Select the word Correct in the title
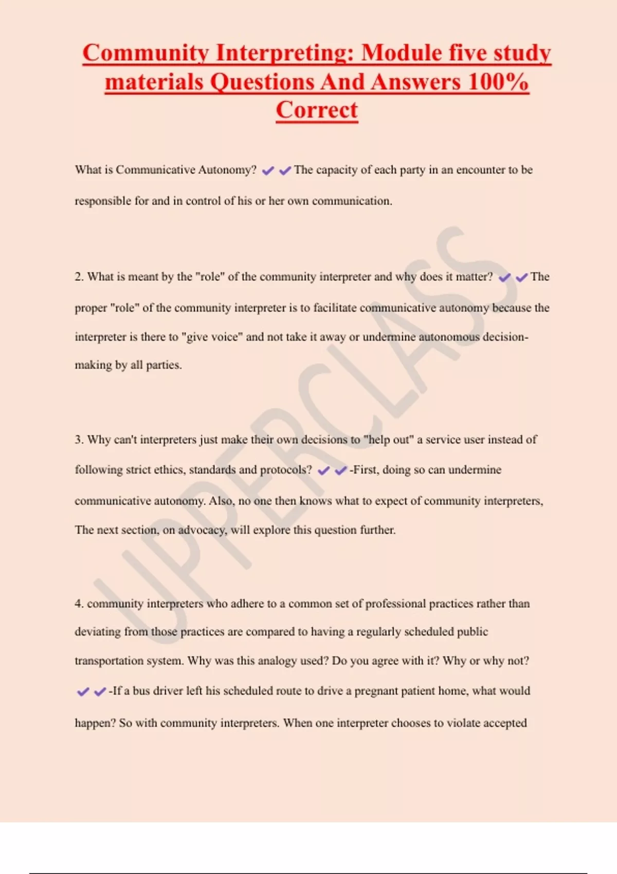[x=317, y=110]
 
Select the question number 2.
[x=78, y=277]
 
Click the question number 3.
[x=78, y=440]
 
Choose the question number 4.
[x=78, y=604]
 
